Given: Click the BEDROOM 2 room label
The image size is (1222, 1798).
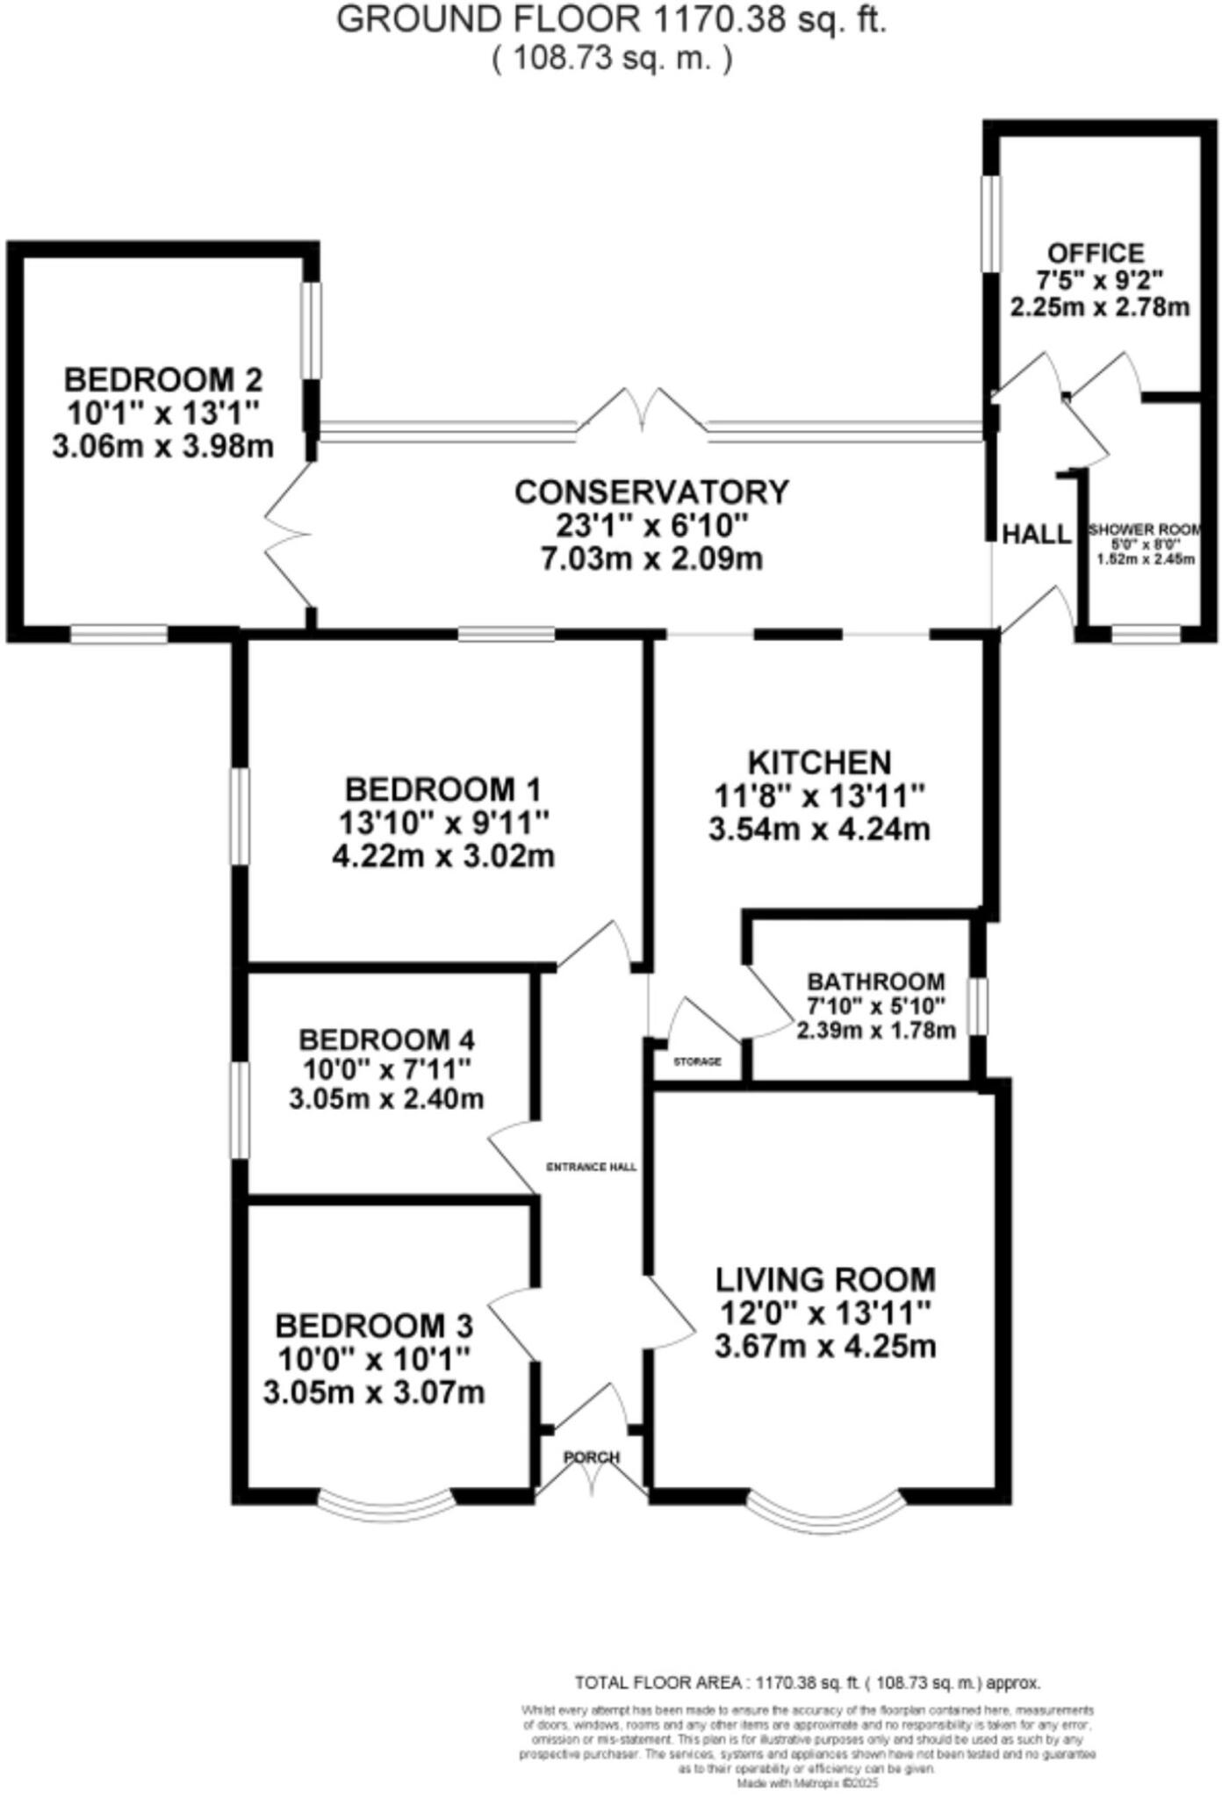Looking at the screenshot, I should (162, 380).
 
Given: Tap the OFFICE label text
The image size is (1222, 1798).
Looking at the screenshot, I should (1096, 253).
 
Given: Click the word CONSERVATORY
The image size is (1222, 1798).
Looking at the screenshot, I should (651, 493).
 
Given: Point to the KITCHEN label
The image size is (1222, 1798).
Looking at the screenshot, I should (819, 762).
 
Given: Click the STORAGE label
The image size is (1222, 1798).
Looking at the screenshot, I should (697, 1061).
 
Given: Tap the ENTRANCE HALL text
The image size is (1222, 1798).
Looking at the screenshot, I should (591, 1167).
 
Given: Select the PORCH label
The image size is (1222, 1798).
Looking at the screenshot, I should (592, 1456).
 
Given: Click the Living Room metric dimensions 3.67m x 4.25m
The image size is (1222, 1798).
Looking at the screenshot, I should (825, 1346).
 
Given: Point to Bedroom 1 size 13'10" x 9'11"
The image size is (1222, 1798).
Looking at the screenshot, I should (443, 823).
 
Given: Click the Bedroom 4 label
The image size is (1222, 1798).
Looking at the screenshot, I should (386, 1039).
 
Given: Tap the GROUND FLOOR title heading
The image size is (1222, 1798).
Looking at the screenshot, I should (611, 19).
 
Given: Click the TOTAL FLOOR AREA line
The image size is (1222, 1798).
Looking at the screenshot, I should (807, 1682).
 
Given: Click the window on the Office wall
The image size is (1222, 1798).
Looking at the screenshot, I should (990, 224).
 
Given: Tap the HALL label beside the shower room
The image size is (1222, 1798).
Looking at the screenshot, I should (1037, 534).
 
